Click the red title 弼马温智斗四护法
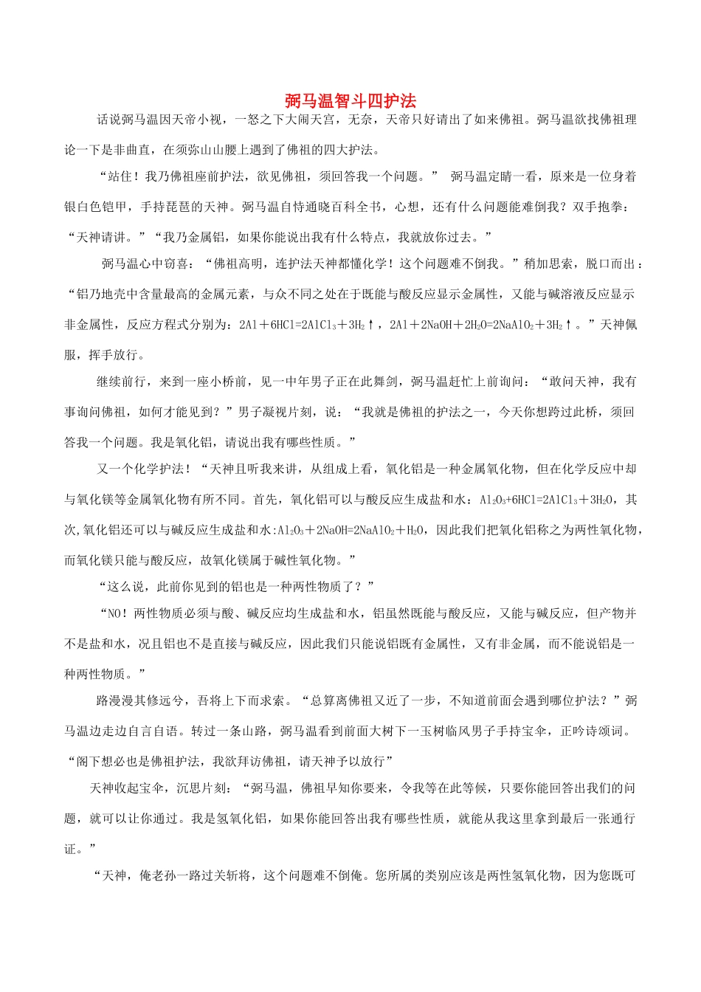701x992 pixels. coord(350,101)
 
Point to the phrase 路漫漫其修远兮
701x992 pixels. coord(140,700)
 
